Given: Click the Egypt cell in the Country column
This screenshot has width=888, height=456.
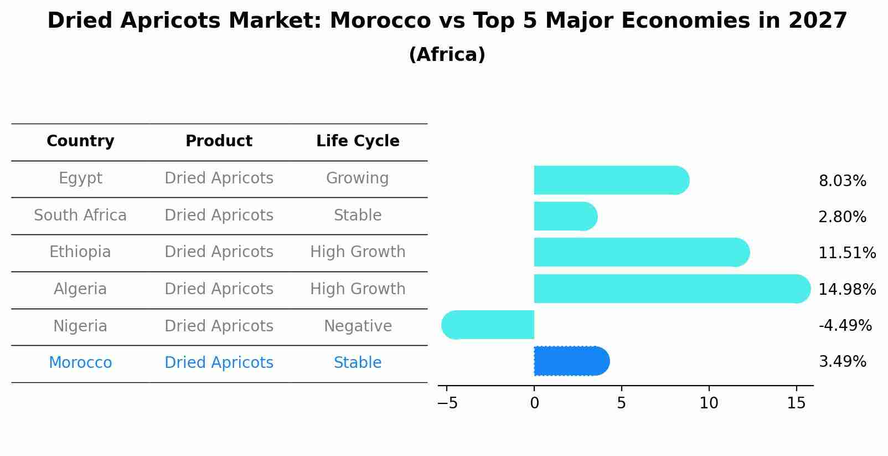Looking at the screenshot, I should [80, 178].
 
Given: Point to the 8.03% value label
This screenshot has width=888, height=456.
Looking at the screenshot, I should [842, 181].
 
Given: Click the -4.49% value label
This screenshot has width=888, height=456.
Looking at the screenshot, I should [845, 325].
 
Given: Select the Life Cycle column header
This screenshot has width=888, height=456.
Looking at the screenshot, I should [358, 141].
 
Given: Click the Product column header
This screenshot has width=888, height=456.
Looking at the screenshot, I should [219, 141].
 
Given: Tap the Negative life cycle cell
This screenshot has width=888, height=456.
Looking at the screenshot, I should [358, 326].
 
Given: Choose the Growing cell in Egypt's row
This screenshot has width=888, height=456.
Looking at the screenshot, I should [357, 178].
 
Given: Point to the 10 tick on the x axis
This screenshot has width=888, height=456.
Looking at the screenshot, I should [709, 403].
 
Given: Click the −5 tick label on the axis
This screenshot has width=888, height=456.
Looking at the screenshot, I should [447, 403].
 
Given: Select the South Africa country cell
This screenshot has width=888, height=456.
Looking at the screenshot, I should [80, 215].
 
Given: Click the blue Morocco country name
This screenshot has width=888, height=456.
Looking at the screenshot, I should [80, 363].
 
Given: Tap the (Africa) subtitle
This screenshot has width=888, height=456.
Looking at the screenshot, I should [447, 55].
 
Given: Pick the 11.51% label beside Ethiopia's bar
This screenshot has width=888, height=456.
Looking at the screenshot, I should [847, 253].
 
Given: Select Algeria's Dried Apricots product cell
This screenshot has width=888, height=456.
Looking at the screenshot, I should [219, 289].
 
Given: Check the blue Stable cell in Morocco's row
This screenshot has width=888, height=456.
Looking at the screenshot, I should [358, 363].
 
